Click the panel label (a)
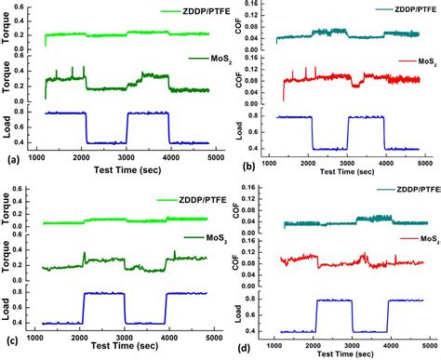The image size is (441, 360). coord(11,161)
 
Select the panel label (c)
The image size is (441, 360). coord(11,341)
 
